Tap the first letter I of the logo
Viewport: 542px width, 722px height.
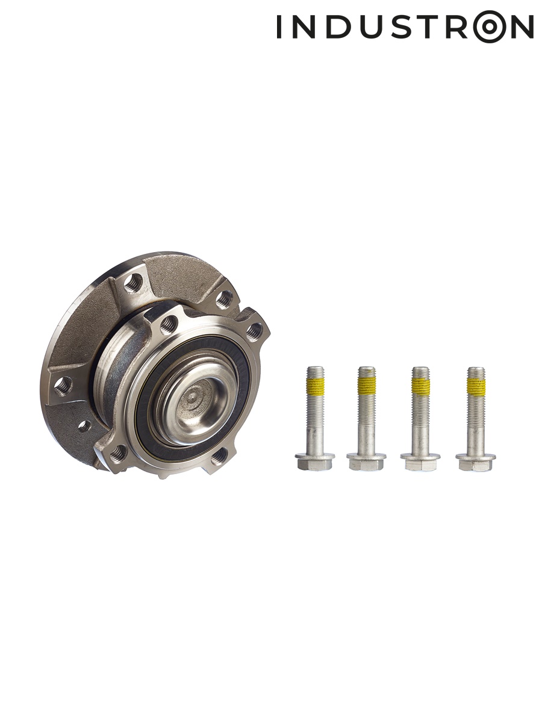(279, 26)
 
